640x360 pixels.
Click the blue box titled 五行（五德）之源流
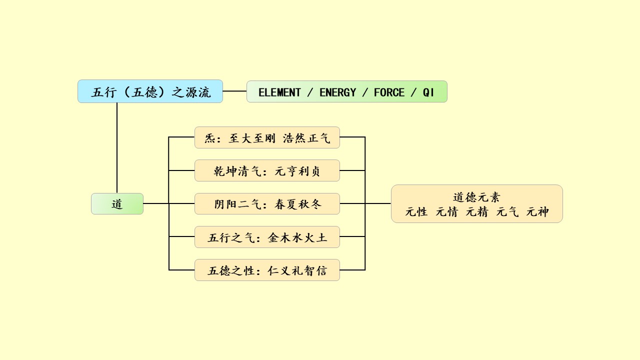pos(150,91)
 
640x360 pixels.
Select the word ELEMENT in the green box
pos(279,92)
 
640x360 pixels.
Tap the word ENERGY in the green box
pos(337,92)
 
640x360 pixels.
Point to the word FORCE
pos(389,92)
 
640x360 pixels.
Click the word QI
pos(428,92)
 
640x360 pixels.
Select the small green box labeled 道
pos(117,204)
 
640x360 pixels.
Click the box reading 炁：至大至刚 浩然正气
pos(267,137)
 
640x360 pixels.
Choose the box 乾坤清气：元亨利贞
pos(267,171)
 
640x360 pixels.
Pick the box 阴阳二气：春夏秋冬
pos(267,204)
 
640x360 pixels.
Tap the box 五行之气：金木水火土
pos(267,237)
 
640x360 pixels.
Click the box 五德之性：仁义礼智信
pos(267,270)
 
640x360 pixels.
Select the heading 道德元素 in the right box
pos(476,197)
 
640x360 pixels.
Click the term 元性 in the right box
pos(416,212)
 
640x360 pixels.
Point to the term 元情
pos(446,212)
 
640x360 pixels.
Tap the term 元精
pos(477,212)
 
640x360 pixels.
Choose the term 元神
pos(537,212)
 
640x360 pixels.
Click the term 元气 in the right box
pos(507,212)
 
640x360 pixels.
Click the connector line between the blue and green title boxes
pos(234,91)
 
